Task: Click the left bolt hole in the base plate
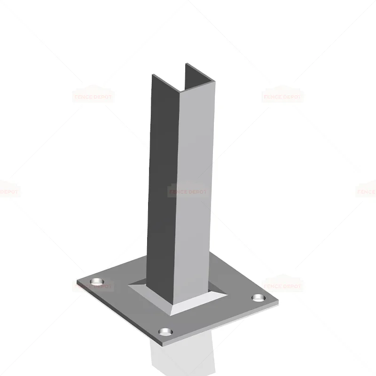coord(97,282)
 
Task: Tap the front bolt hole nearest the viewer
coord(165,332)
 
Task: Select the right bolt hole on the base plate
coord(258,298)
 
